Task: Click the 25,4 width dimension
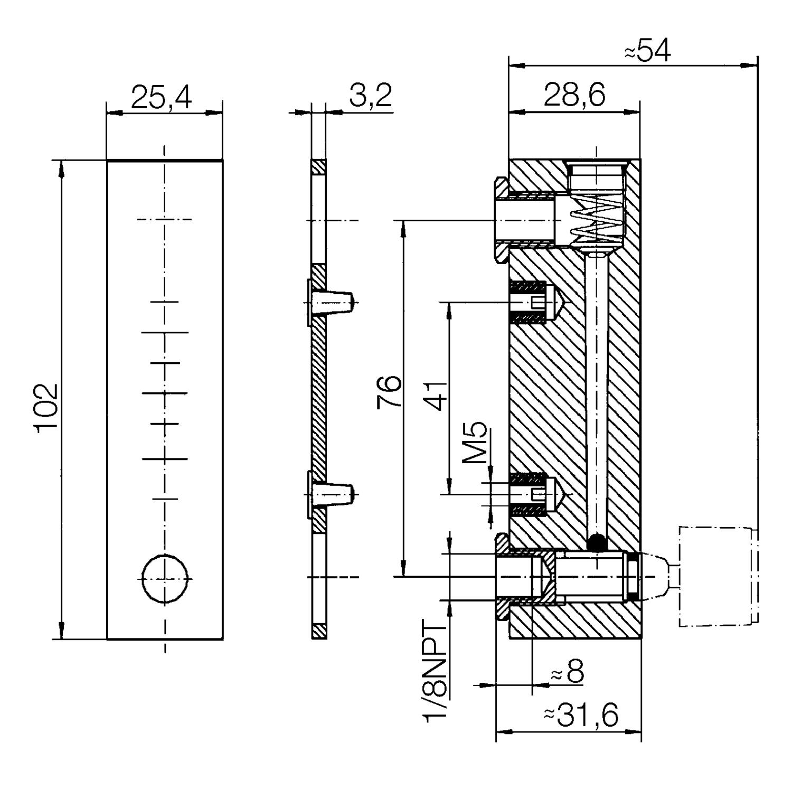161,98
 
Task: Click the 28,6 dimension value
574,96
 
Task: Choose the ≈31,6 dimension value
581,716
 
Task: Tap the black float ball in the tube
597,542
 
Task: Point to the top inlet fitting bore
525,220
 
